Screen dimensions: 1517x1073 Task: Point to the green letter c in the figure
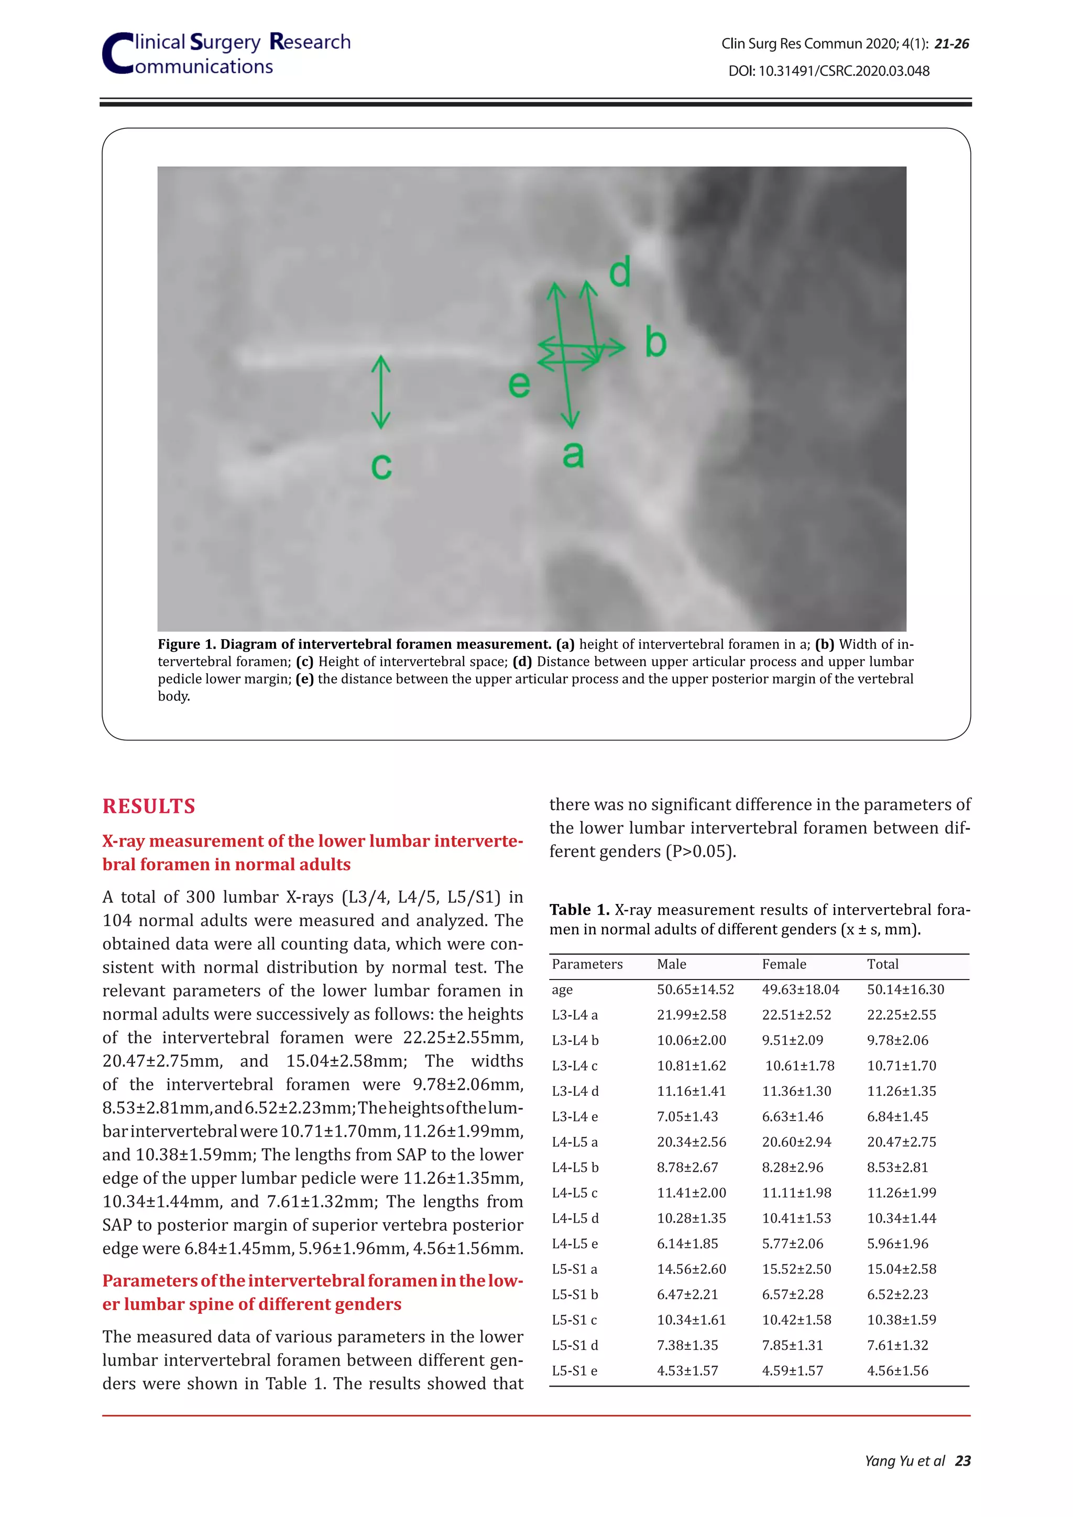381,466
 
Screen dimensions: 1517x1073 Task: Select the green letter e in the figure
519,384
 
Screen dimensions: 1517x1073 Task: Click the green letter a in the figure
573,455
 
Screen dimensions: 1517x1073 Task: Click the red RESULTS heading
149,806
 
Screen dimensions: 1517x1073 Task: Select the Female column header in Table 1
784,964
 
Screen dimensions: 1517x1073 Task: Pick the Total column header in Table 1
882,964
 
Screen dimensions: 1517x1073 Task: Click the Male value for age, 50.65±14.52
695,989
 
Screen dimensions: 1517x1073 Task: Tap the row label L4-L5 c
574,1193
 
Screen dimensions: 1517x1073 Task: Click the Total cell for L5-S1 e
897,1370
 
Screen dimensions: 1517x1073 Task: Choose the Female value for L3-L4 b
792,1040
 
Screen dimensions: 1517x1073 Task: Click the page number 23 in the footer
962,1461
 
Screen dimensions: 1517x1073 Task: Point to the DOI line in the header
828,71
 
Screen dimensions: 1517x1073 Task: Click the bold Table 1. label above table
579,910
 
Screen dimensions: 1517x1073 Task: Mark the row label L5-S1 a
574,1269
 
